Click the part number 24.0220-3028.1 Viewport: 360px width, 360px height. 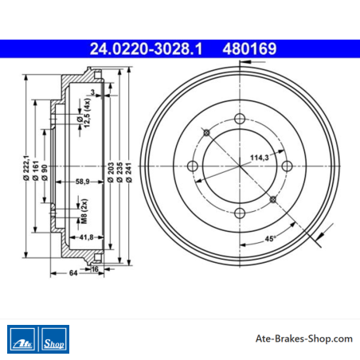146,49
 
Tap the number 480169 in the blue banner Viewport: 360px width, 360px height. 249,49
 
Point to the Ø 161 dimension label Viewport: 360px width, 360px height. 36,170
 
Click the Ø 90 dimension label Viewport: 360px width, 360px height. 45,173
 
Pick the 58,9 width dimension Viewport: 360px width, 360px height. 82,182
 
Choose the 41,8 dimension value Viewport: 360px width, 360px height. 86,237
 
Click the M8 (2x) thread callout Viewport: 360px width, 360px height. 84,211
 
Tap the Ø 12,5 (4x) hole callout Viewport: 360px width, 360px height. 84,113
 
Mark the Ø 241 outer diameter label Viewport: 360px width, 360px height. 129,172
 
